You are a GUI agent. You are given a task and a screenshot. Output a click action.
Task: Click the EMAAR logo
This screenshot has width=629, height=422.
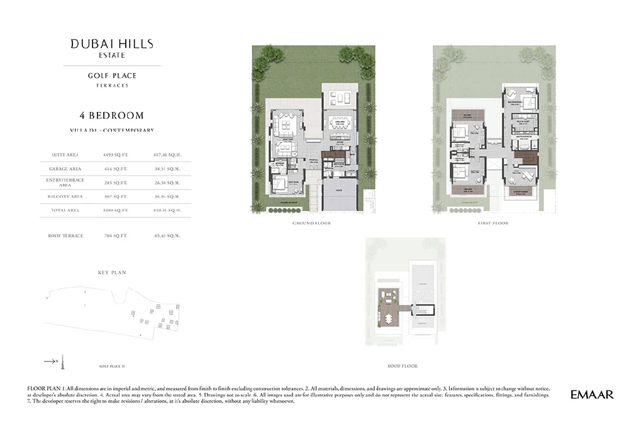[x=591, y=395]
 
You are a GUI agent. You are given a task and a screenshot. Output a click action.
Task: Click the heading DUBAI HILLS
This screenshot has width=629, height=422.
[x=112, y=44]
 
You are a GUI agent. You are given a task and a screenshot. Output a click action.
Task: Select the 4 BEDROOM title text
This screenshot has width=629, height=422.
[x=112, y=115]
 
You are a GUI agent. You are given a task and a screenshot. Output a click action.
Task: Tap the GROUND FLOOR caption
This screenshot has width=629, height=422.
[x=311, y=224]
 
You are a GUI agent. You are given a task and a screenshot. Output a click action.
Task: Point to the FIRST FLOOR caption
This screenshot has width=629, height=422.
[x=493, y=224]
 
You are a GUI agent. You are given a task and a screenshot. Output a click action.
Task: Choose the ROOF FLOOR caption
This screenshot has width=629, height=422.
[x=402, y=366]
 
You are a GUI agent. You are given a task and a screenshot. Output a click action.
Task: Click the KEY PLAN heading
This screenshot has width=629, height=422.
[x=112, y=273]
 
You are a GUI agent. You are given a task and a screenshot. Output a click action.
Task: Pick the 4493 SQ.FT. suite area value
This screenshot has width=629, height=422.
[x=115, y=154]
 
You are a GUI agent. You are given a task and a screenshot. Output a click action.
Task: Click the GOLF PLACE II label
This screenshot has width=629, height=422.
[x=112, y=365]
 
